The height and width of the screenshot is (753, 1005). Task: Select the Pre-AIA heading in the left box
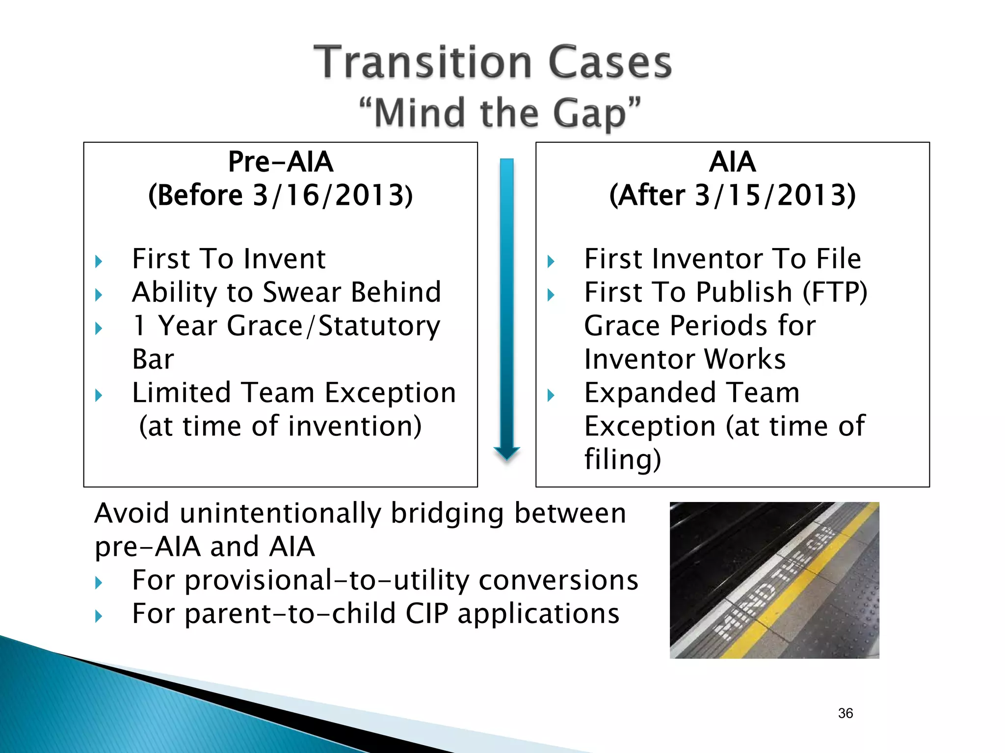click(x=281, y=162)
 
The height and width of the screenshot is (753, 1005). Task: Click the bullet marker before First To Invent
click(x=99, y=261)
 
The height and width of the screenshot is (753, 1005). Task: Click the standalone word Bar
click(x=153, y=359)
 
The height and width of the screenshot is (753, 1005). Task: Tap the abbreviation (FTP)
click(x=835, y=292)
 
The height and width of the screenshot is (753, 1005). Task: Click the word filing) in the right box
click(x=622, y=460)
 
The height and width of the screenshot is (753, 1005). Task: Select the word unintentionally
click(x=280, y=513)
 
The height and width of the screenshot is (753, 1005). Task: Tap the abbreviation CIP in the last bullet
click(x=426, y=613)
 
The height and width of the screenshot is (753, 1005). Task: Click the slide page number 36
click(x=845, y=713)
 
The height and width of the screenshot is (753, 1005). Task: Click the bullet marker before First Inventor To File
click(x=551, y=261)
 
